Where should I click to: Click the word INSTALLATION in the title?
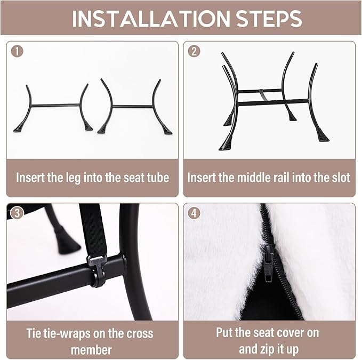tap(151, 18)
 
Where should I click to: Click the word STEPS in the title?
tap(269, 18)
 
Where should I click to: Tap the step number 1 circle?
tap(17, 51)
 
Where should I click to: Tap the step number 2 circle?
tap(194, 51)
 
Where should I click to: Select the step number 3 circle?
tap(17, 213)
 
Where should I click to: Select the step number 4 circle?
tap(194, 213)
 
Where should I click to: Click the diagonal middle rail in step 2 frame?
tap(263, 94)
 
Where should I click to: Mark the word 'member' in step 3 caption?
tap(91, 350)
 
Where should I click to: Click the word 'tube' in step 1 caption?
tap(158, 178)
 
